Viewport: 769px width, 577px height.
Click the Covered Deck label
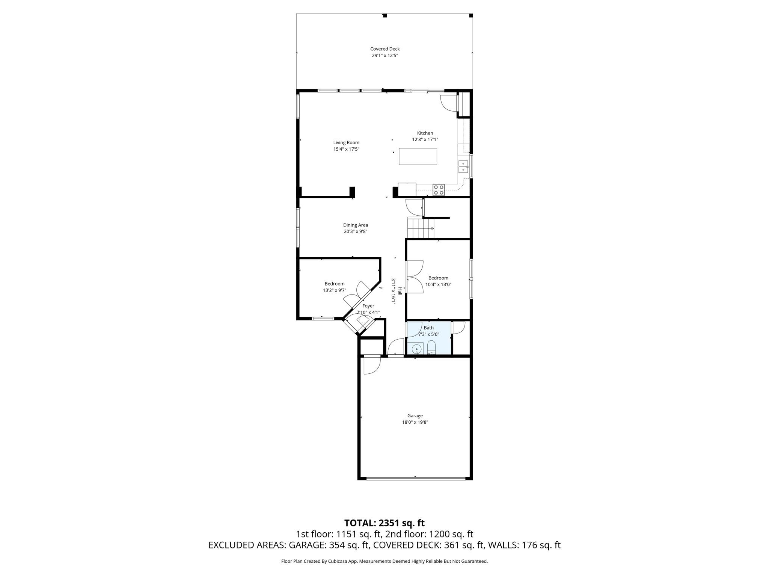384,49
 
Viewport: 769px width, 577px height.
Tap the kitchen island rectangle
418,156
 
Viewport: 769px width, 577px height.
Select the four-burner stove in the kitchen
438,190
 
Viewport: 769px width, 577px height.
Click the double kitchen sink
463,166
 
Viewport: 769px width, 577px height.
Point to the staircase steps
421,228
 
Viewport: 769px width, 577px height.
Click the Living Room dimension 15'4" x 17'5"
346,149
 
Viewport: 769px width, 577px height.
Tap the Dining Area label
355,225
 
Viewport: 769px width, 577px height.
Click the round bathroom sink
416,349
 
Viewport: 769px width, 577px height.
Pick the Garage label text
415,415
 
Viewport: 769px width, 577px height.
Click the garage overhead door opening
415,478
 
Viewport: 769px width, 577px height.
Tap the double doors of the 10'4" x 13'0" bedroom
414,276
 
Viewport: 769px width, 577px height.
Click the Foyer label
368,306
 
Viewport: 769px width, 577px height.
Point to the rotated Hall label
400,291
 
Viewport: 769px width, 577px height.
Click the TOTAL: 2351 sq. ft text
384,523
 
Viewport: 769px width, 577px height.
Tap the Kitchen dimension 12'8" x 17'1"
425,139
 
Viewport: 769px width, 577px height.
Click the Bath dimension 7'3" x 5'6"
428,334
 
